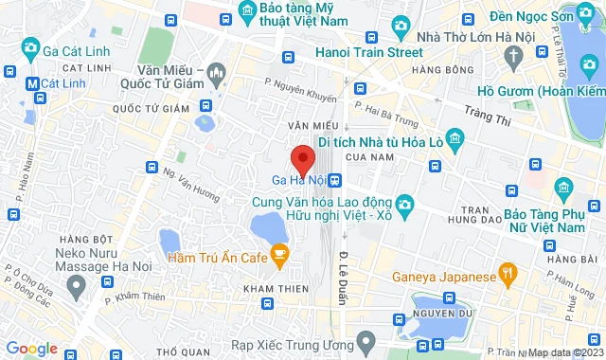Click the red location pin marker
tap(302, 157)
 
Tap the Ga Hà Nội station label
tap(297, 180)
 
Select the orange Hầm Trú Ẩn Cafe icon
tap(279, 253)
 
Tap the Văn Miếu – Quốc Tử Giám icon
tap(218, 71)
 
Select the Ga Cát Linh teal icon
tap(31, 47)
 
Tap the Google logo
tap(32, 348)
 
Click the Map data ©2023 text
tap(564, 352)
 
